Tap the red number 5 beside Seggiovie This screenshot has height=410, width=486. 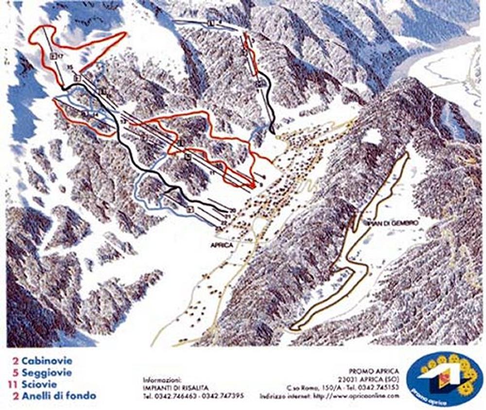[16, 373]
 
